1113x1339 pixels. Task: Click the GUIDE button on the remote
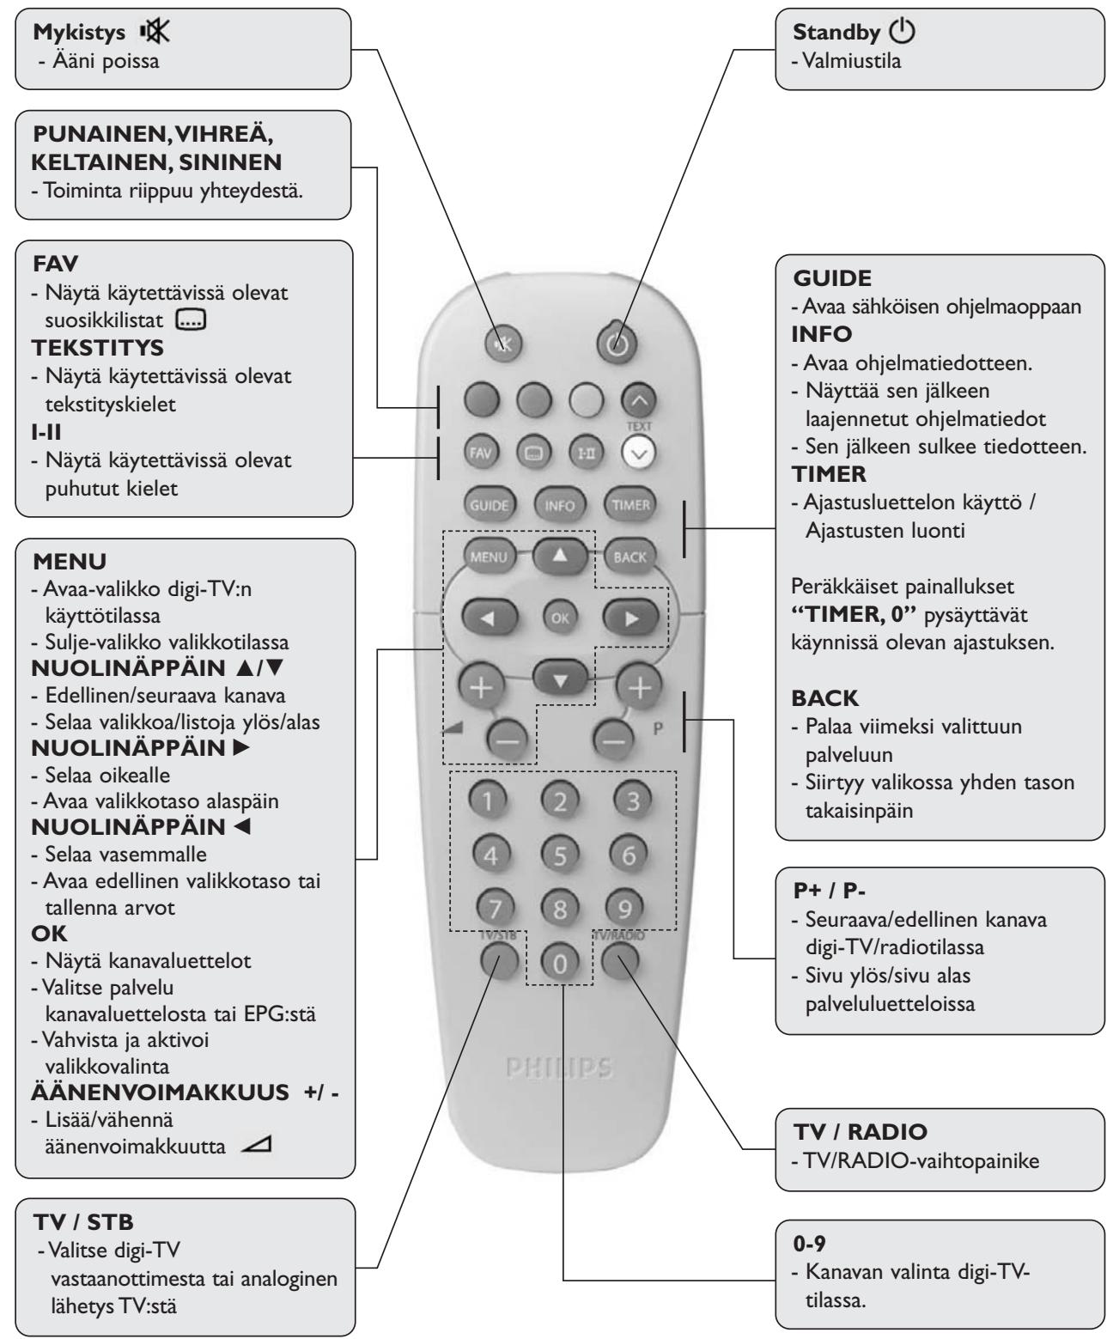point(488,505)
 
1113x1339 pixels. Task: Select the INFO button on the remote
point(559,505)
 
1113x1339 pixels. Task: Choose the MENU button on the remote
point(487,557)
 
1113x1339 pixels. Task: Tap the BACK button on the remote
point(629,557)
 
